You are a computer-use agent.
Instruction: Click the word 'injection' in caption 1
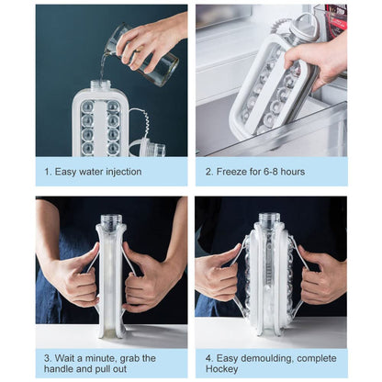coord(123,172)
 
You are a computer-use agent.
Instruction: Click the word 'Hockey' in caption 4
coord(221,369)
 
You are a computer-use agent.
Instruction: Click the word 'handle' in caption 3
coord(58,368)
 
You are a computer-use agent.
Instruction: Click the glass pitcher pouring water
coord(143,52)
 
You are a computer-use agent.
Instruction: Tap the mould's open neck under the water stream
coord(100,84)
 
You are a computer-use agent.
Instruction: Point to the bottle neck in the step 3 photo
coord(111,219)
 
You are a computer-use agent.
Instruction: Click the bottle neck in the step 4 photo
coord(269,219)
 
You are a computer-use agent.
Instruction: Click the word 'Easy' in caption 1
coord(65,172)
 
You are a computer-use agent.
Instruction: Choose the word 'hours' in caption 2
coord(293,172)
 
